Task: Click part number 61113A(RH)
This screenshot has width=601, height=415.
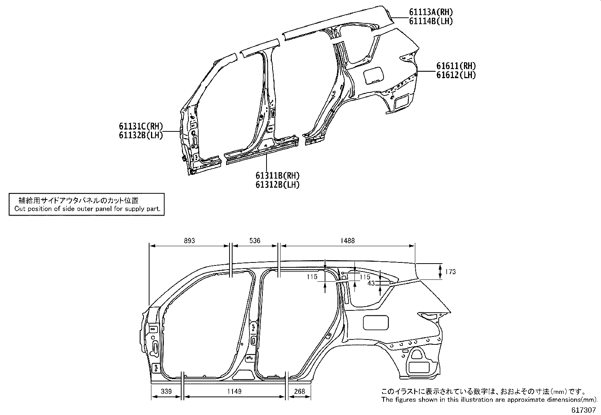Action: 431,12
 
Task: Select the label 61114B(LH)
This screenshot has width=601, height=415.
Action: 431,21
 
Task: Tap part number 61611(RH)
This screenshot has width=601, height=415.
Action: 456,66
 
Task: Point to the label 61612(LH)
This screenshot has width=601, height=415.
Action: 456,75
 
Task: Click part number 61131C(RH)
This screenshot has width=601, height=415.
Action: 141,126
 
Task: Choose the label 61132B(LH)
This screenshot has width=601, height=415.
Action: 141,135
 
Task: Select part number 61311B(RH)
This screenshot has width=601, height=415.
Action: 277,176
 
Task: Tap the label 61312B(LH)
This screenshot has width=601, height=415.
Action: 277,185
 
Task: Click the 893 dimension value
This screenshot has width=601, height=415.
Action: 190,241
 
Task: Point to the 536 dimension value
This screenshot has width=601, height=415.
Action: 255,241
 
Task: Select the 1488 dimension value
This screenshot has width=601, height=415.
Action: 347,241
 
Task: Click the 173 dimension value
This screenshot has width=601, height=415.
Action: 450,272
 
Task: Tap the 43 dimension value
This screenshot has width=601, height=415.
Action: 371,283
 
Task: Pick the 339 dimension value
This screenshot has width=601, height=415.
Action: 166,391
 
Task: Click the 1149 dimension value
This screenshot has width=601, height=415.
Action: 234,391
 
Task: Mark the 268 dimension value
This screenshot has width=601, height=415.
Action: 300,391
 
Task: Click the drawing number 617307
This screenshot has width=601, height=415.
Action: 584,410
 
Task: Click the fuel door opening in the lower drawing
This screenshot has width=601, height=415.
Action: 376,322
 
